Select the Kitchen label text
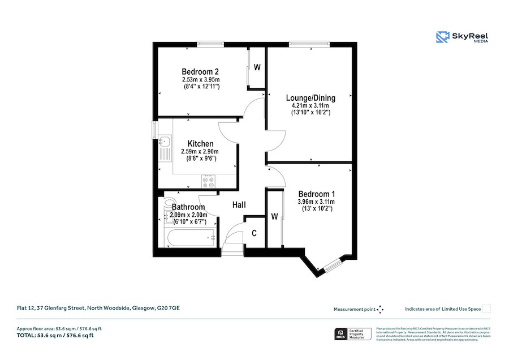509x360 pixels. point(200,144)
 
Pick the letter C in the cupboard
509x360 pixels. point(255,233)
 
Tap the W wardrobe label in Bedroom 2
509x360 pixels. point(257,67)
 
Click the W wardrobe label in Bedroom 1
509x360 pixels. point(274,216)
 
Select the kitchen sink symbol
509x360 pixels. point(166,142)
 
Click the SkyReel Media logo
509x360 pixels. point(462,38)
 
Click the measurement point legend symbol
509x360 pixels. point(381,309)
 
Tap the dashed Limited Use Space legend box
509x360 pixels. point(486,308)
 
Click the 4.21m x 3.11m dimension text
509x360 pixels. point(310,105)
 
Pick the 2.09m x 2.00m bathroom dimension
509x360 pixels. point(188,215)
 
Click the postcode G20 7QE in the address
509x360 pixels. point(170,308)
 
